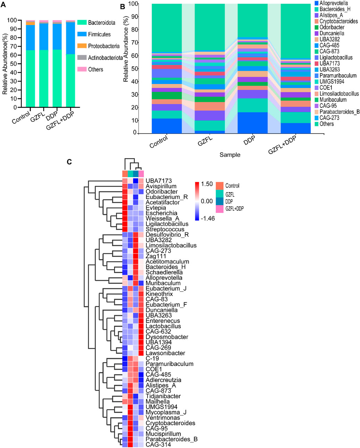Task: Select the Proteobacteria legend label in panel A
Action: click(x=104, y=46)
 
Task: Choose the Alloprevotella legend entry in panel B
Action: click(x=334, y=3)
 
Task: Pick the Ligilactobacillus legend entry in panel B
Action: click(x=336, y=58)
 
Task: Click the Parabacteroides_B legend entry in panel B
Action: click(x=339, y=112)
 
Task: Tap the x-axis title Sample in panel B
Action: click(x=230, y=155)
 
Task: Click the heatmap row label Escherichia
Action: click(x=161, y=213)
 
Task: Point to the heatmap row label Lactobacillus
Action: click(x=163, y=326)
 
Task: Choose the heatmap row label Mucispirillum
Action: click(x=163, y=434)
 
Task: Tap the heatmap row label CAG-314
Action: click(x=158, y=445)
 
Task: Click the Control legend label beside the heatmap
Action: click(x=232, y=186)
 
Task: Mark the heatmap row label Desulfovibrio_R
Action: click(x=167, y=235)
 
